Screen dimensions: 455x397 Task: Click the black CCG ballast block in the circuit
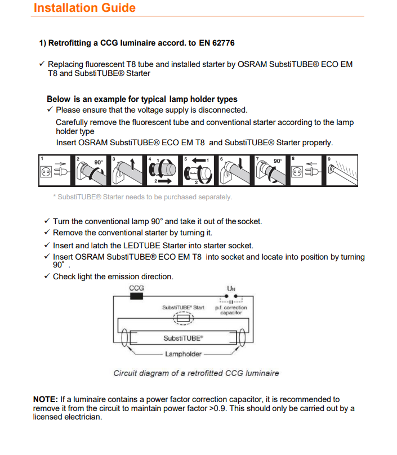136,296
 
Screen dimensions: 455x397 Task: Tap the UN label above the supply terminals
231,288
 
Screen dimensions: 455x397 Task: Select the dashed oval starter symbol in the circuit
183,319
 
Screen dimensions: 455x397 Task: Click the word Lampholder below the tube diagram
183,354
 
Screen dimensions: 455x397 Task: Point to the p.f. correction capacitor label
231,310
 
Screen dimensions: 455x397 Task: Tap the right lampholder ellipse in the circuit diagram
241,338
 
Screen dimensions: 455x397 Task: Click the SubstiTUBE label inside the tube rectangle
183,338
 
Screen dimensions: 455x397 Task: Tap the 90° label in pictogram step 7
278,162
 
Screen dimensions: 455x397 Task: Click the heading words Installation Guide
84,8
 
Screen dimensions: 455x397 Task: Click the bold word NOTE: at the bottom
46,399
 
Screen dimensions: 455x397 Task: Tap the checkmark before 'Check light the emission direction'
47,276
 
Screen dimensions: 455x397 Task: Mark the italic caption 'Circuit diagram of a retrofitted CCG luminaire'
196,373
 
